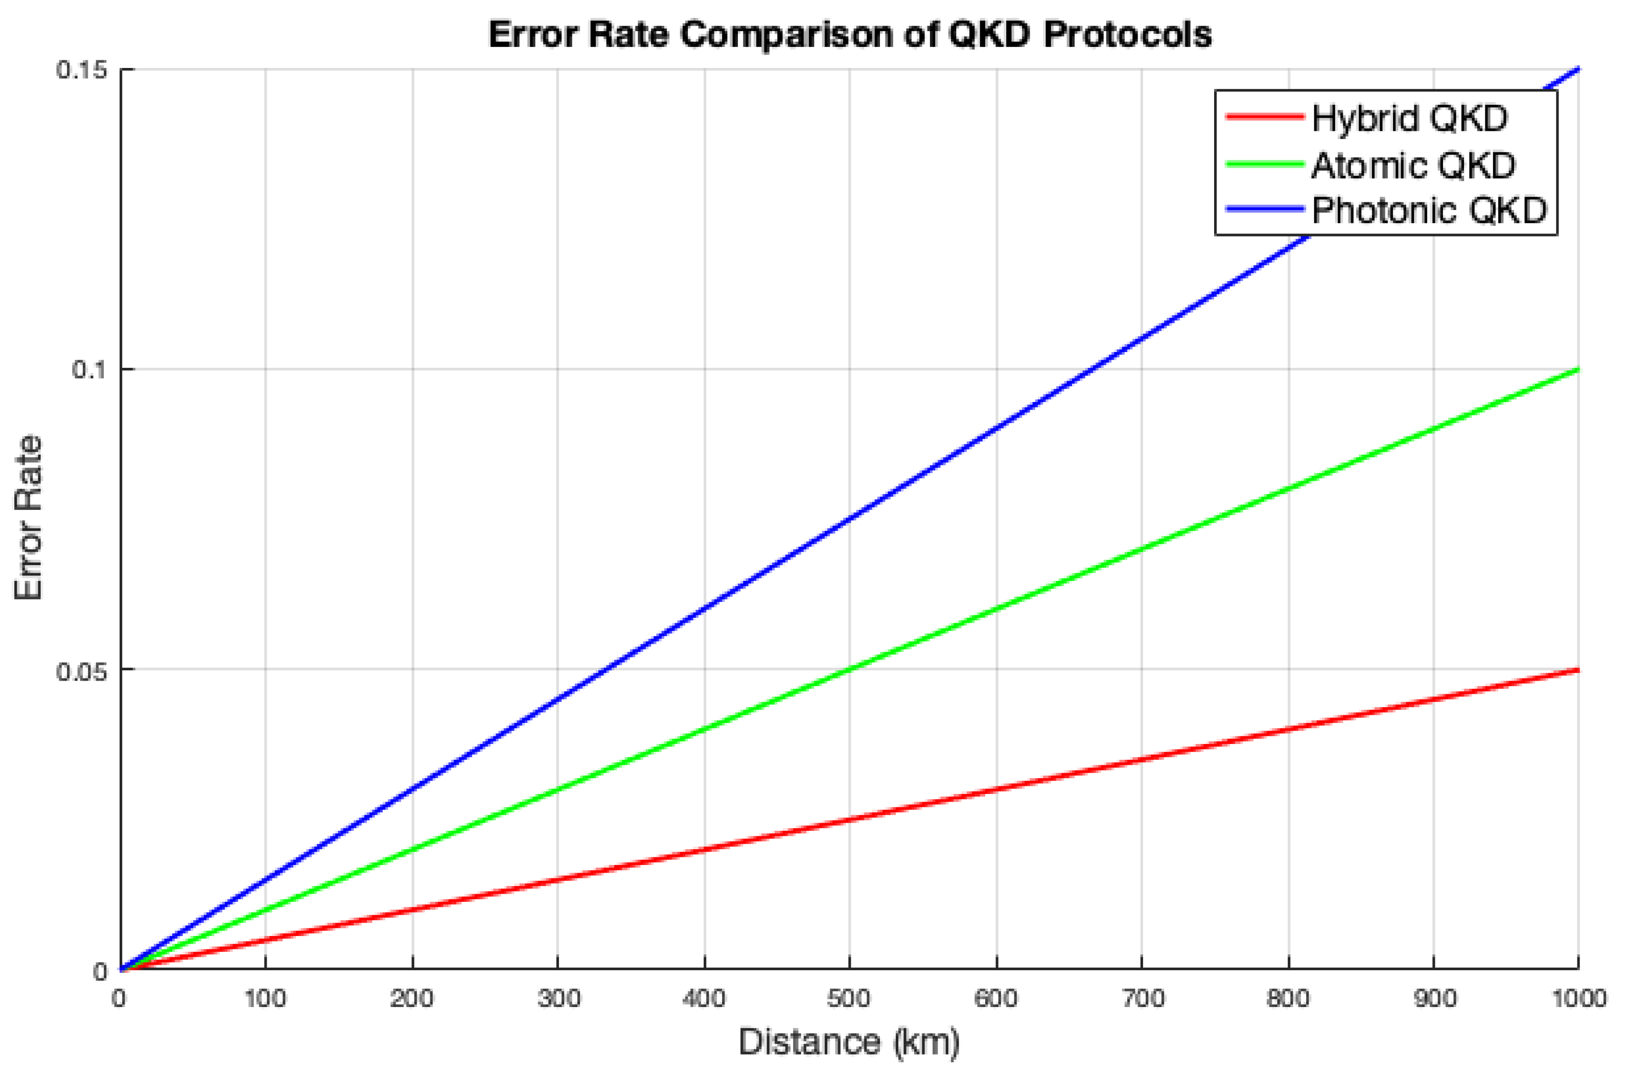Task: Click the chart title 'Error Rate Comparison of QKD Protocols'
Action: coord(849,34)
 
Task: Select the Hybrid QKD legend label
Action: coord(1409,119)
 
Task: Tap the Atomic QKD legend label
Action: coord(1413,165)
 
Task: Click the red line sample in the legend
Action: coord(1264,116)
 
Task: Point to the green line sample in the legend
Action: coord(1264,164)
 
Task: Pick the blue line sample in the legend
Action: coord(1264,209)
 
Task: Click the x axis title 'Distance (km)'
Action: coord(849,1042)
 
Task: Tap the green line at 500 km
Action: coord(849,669)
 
